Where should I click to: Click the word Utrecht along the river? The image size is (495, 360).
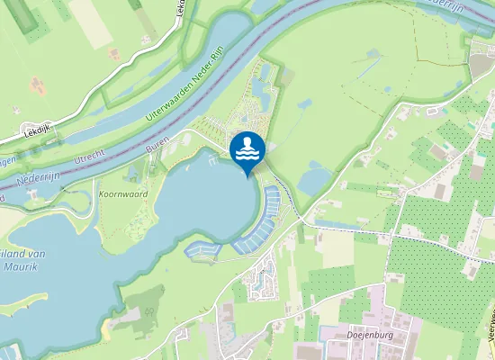[x=89, y=158]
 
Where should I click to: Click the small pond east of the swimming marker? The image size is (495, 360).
[x=315, y=177]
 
